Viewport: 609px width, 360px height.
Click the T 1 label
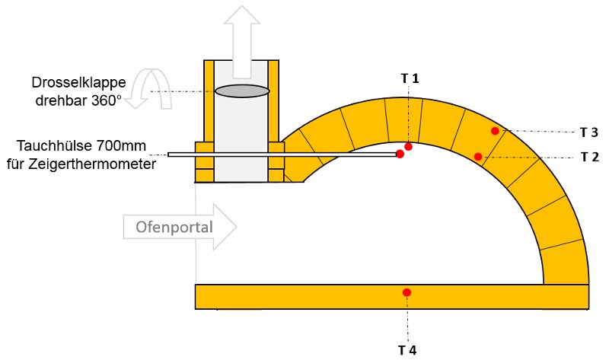click(x=410, y=78)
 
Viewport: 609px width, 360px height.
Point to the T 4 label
click(x=407, y=350)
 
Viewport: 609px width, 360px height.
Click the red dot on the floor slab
click(x=407, y=292)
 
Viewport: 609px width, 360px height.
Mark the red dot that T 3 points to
click(x=495, y=131)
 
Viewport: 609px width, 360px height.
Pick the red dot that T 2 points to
click(x=478, y=157)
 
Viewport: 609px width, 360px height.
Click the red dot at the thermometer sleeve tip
click(x=400, y=155)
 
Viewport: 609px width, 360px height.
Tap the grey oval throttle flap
click(x=242, y=91)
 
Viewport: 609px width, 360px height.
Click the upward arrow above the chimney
click(x=244, y=38)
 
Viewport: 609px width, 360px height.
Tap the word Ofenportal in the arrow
click(x=174, y=227)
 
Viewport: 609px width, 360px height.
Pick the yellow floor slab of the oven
click(x=304, y=296)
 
